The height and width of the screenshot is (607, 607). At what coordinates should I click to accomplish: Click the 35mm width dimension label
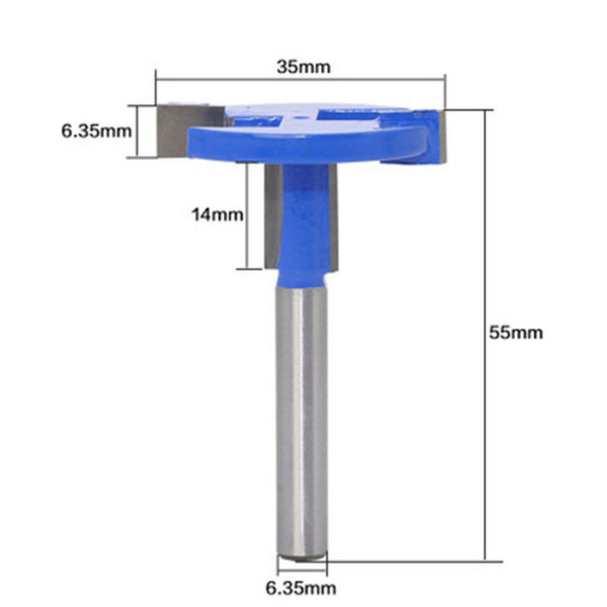pyautogui.click(x=303, y=67)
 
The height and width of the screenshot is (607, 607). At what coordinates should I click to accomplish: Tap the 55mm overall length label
pyautogui.click(x=516, y=332)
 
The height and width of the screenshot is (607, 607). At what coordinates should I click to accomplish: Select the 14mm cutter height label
pyautogui.click(x=217, y=215)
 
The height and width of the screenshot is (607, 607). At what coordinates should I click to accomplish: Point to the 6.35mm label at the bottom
pyautogui.click(x=300, y=588)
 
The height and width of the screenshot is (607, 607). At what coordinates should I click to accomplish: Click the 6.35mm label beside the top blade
pyautogui.click(x=96, y=131)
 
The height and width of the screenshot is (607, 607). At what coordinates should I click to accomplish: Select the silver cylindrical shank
pyautogui.click(x=302, y=424)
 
